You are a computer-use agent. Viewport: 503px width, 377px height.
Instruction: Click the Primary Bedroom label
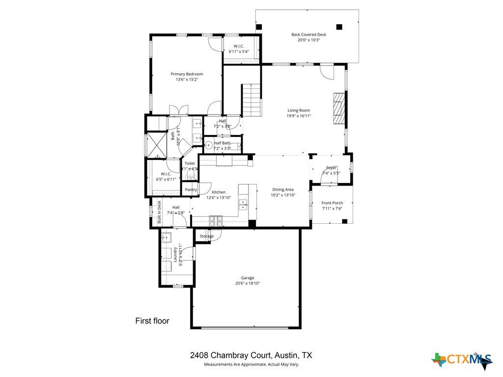tap(187, 74)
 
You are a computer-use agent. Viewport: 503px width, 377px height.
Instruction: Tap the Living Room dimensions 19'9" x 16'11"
tap(299, 116)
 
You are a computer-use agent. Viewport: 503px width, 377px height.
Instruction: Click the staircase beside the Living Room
tap(251, 100)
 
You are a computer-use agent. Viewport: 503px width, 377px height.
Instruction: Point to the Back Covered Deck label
tap(308, 34)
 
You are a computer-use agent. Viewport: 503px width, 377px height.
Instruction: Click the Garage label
tap(247, 278)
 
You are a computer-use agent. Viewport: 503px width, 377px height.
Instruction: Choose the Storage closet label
tap(206, 236)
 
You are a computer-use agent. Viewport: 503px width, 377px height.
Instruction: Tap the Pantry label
tap(191, 189)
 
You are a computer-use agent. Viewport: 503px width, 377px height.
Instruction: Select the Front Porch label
tap(332, 203)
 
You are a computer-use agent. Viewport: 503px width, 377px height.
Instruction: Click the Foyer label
tap(332, 168)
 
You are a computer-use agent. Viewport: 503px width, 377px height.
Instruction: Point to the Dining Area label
tap(283, 189)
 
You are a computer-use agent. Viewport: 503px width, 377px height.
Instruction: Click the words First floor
tap(152, 321)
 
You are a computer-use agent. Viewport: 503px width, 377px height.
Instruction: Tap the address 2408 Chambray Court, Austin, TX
tap(251, 355)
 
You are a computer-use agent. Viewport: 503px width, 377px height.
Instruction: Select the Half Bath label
tap(222, 143)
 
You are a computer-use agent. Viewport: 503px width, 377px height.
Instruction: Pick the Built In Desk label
tap(159, 212)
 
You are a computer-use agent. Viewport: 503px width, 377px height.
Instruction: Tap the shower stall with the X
tap(157, 144)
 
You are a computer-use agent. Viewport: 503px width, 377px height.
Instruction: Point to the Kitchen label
tap(219, 192)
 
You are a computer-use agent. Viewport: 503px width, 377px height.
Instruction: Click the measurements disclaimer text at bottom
tap(251, 364)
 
